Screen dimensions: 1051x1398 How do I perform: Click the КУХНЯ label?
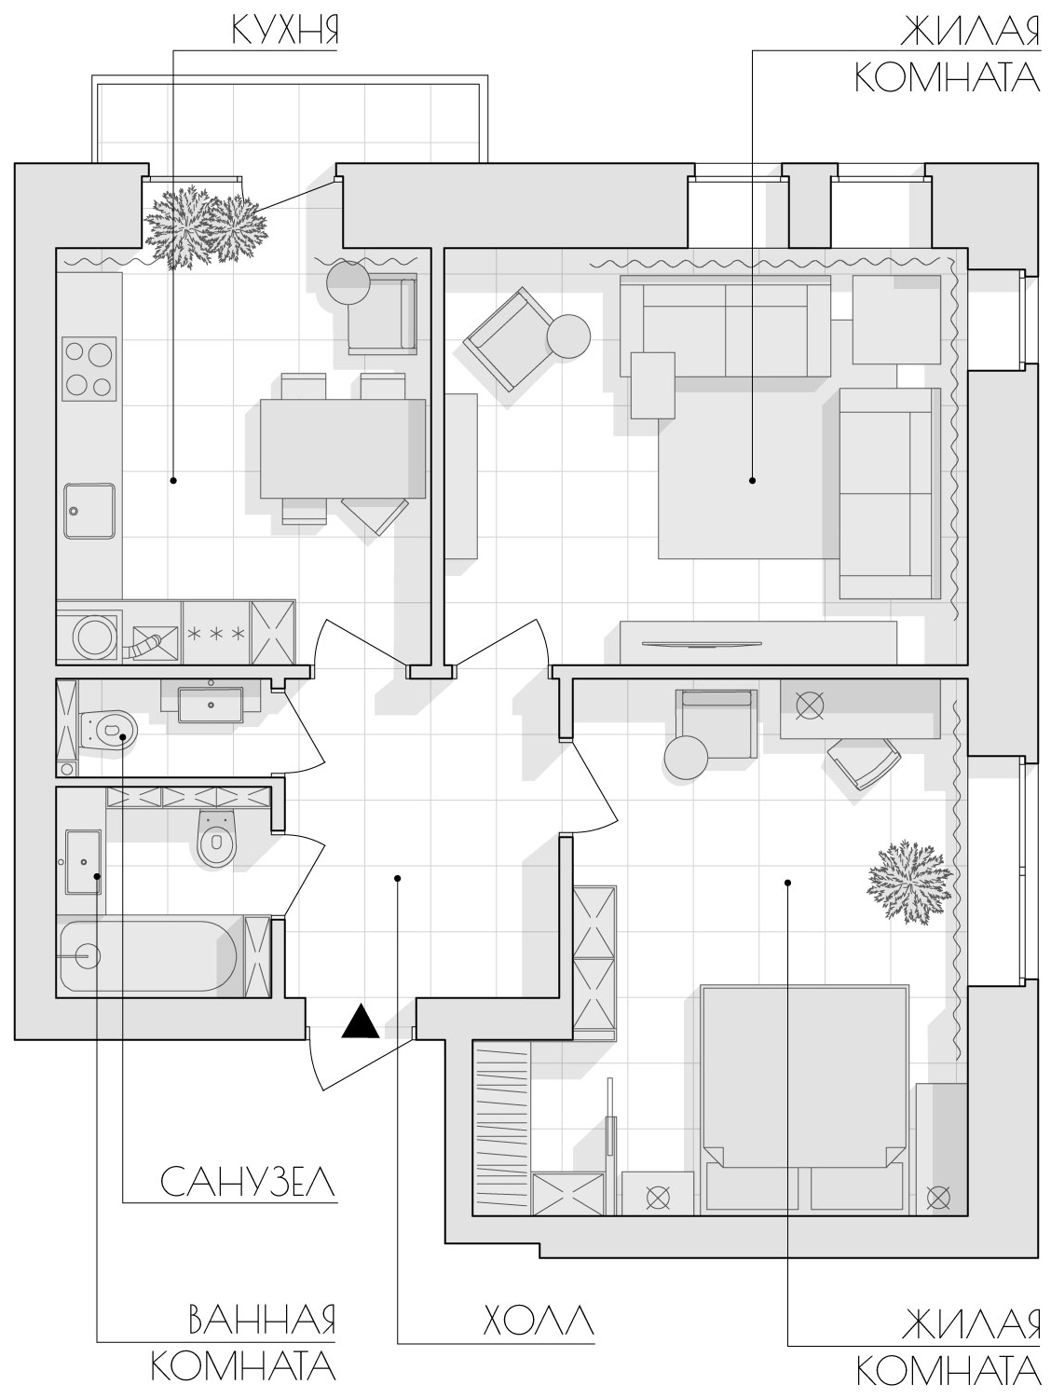[284, 30]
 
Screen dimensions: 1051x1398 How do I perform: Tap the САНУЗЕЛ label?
[248, 1182]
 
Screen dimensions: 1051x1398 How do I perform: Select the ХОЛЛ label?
[538, 1321]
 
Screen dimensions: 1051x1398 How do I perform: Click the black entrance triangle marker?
[361, 1021]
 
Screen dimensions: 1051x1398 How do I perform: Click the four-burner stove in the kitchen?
[89, 369]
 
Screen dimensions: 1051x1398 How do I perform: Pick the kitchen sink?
[89, 512]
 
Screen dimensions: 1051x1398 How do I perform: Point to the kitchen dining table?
[343, 448]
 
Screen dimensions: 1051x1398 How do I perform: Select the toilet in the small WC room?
[109, 728]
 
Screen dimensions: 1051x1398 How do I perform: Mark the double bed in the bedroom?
[804, 1096]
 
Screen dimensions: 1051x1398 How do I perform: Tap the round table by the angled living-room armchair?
[568, 337]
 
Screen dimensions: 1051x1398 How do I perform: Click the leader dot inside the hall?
[397, 878]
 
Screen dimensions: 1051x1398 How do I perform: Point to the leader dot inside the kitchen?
[173, 480]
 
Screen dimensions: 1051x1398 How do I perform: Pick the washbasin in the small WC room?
[211, 704]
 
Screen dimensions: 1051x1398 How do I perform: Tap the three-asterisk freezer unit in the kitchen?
[216, 633]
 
